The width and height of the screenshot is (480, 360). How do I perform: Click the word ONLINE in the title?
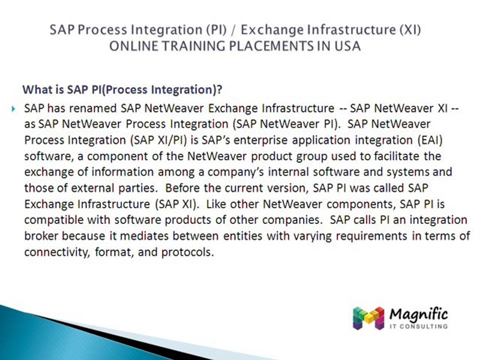130,45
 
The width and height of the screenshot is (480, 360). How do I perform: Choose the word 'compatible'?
51,220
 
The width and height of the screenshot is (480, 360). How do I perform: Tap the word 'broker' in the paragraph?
41,236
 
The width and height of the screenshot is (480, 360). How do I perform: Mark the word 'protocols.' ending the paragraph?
187,252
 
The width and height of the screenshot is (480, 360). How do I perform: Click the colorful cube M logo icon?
368,317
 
